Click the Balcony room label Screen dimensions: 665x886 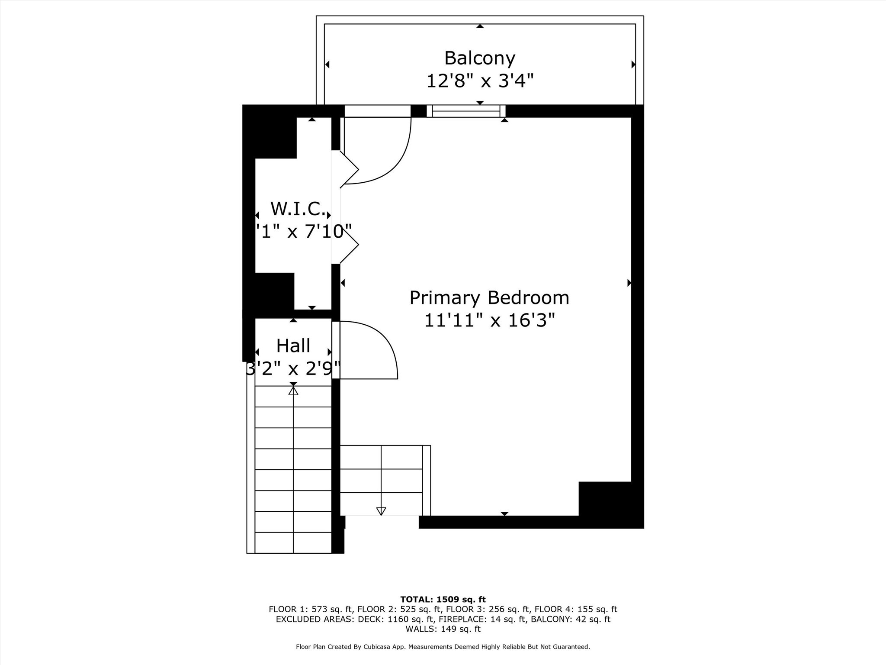pyautogui.click(x=479, y=58)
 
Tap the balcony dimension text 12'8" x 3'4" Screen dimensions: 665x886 pyautogui.click(x=479, y=81)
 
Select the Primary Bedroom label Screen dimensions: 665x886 pyautogui.click(x=489, y=298)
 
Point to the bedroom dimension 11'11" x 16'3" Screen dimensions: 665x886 pyautogui.click(x=489, y=321)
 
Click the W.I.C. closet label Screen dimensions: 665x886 pyautogui.click(x=298, y=209)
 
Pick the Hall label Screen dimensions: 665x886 pyautogui.click(x=293, y=346)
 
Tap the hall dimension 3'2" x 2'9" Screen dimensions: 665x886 pyautogui.click(x=293, y=369)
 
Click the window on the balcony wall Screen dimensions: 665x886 pyautogui.click(x=466, y=111)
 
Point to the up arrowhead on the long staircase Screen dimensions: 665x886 pyautogui.click(x=293, y=391)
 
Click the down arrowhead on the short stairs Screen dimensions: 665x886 pyautogui.click(x=381, y=511)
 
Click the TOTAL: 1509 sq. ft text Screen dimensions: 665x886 pyautogui.click(x=443, y=600)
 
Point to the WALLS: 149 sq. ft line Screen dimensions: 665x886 pyautogui.click(x=443, y=629)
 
